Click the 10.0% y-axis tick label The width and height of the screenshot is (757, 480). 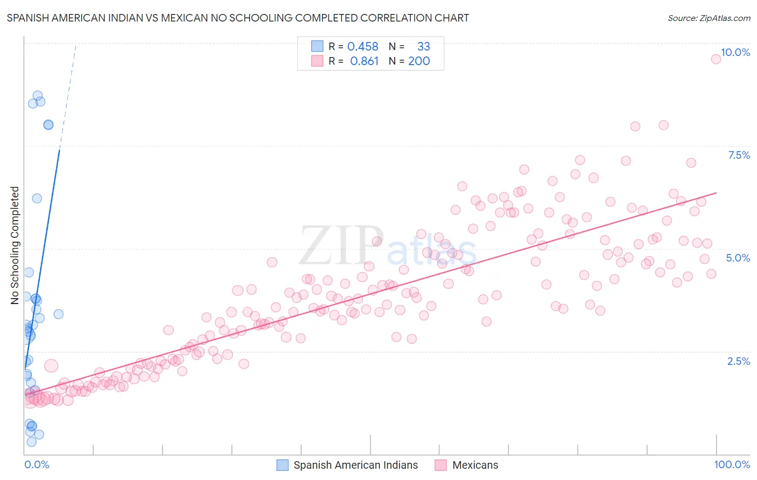[735, 52]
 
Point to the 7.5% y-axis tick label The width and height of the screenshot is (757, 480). [739, 155]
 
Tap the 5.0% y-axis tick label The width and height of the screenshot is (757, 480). [738, 258]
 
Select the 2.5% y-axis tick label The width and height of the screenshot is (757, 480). [738, 361]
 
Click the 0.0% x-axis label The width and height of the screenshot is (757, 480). [37, 464]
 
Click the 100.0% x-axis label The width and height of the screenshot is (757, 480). [732, 464]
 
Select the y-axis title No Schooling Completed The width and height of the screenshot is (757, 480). [15, 245]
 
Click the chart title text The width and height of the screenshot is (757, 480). [237, 18]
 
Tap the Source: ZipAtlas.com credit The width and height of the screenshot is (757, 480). [709, 18]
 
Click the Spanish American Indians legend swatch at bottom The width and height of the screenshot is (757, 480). [283, 465]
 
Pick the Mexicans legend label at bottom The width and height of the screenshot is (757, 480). [475, 465]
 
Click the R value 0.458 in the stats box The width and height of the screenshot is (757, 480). [362, 47]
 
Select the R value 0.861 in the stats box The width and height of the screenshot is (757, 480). [365, 61]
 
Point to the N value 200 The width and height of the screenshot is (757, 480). [419, 61]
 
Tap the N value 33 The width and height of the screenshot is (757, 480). [424, 47]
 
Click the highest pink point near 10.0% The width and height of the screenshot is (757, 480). [716, 59]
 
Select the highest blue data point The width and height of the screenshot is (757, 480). [38, 96]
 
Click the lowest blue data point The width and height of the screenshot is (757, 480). [32, 442]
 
